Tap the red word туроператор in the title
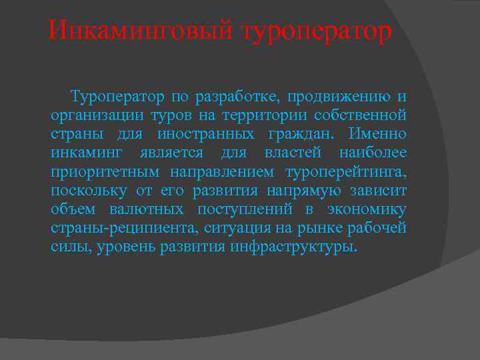[x=317, y=32]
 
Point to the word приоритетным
[x=105, y=172]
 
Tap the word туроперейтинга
[x=345, y=172]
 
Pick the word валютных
[x=152, y=209]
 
